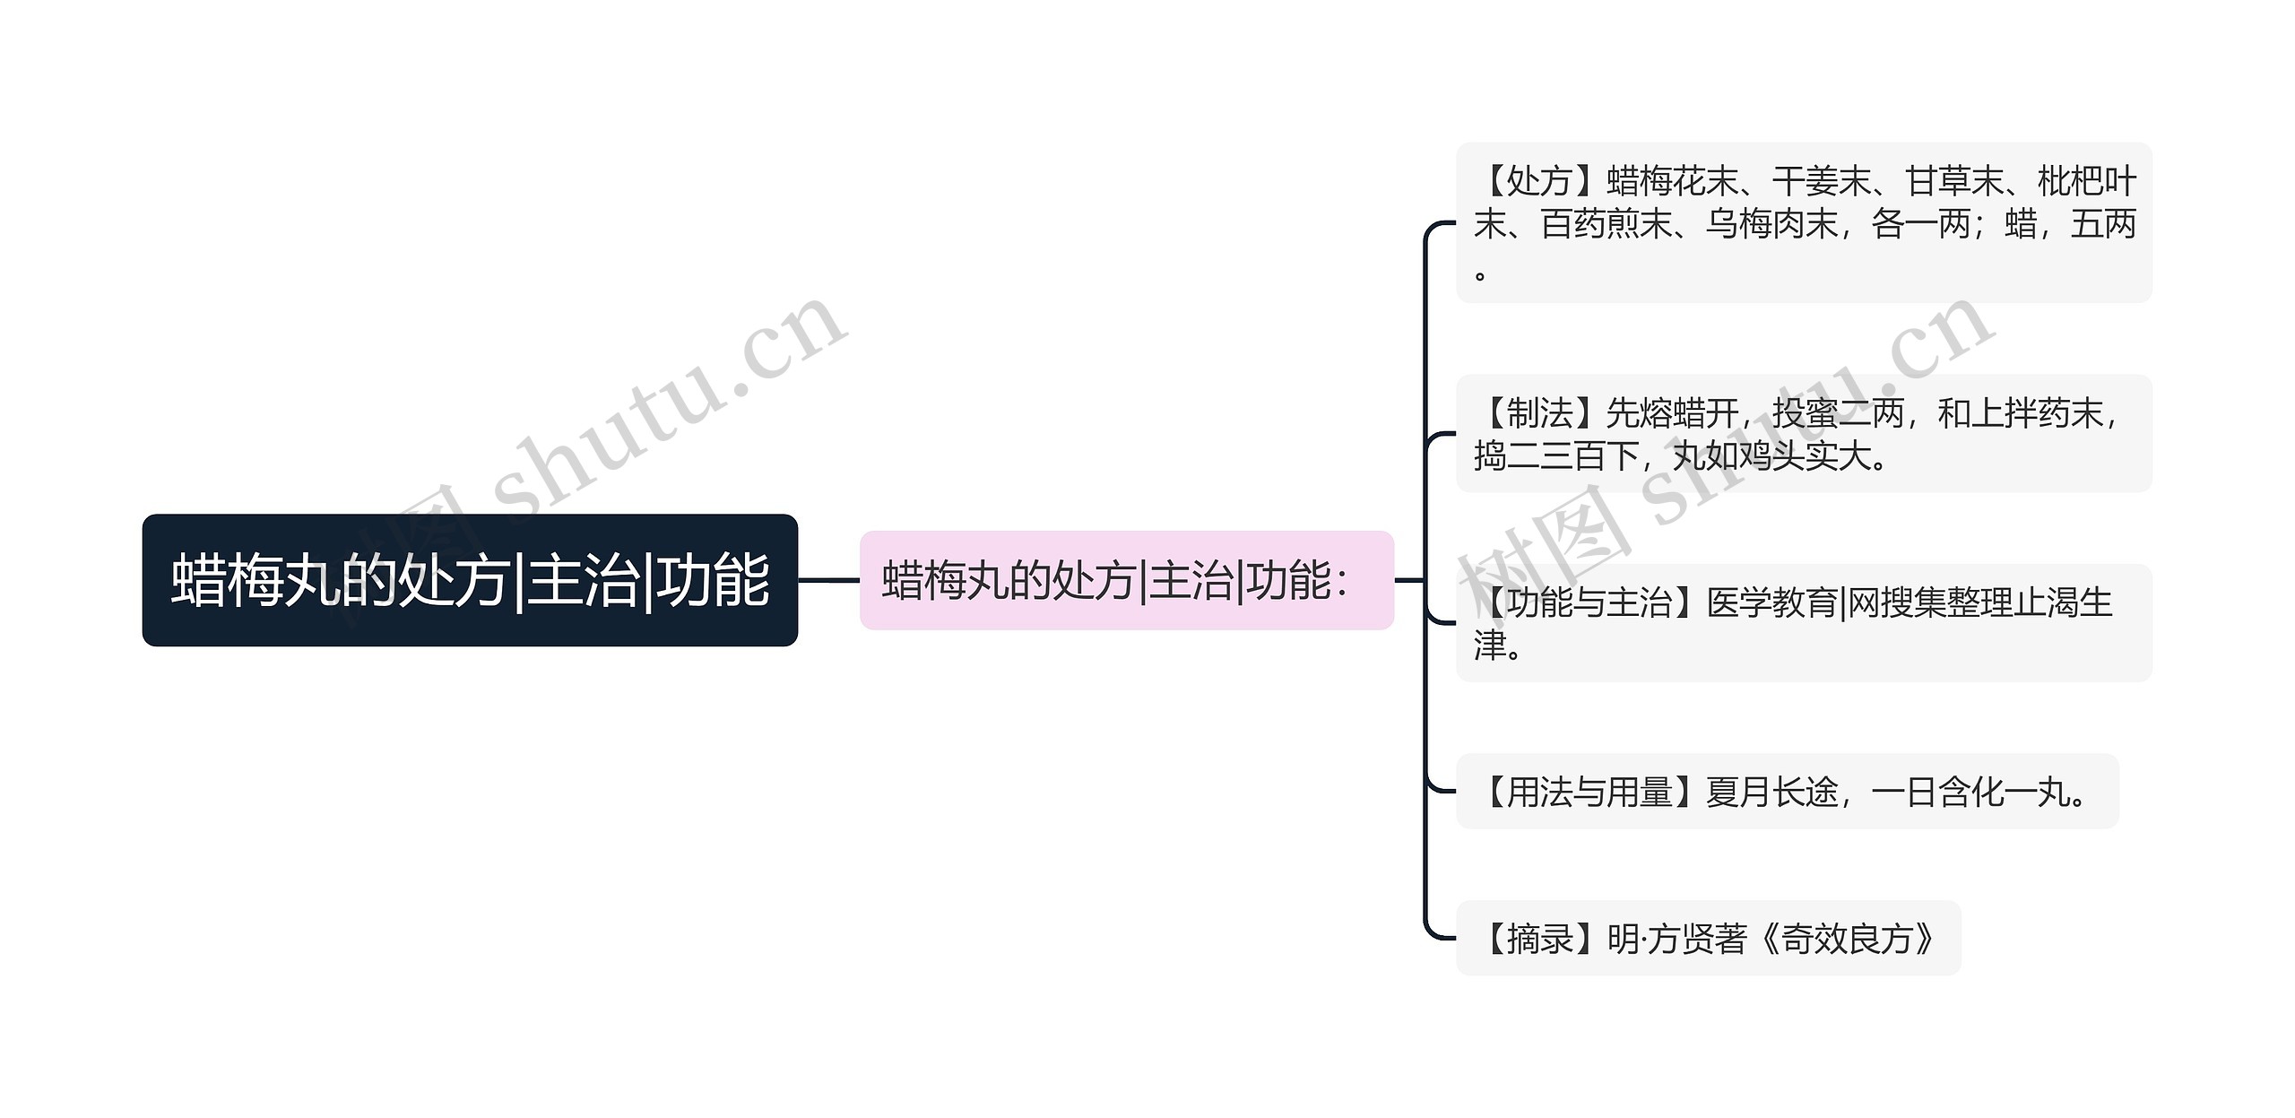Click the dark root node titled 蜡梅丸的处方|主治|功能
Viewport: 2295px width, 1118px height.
(469, 580)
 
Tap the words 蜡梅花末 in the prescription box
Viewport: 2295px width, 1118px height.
(1673, 181)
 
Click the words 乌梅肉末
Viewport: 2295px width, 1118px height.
(1771, 224)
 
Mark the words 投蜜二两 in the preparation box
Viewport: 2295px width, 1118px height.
(1838, 413)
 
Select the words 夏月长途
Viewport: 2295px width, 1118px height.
(1772, 793)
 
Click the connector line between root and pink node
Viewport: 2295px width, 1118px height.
(828, 580)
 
